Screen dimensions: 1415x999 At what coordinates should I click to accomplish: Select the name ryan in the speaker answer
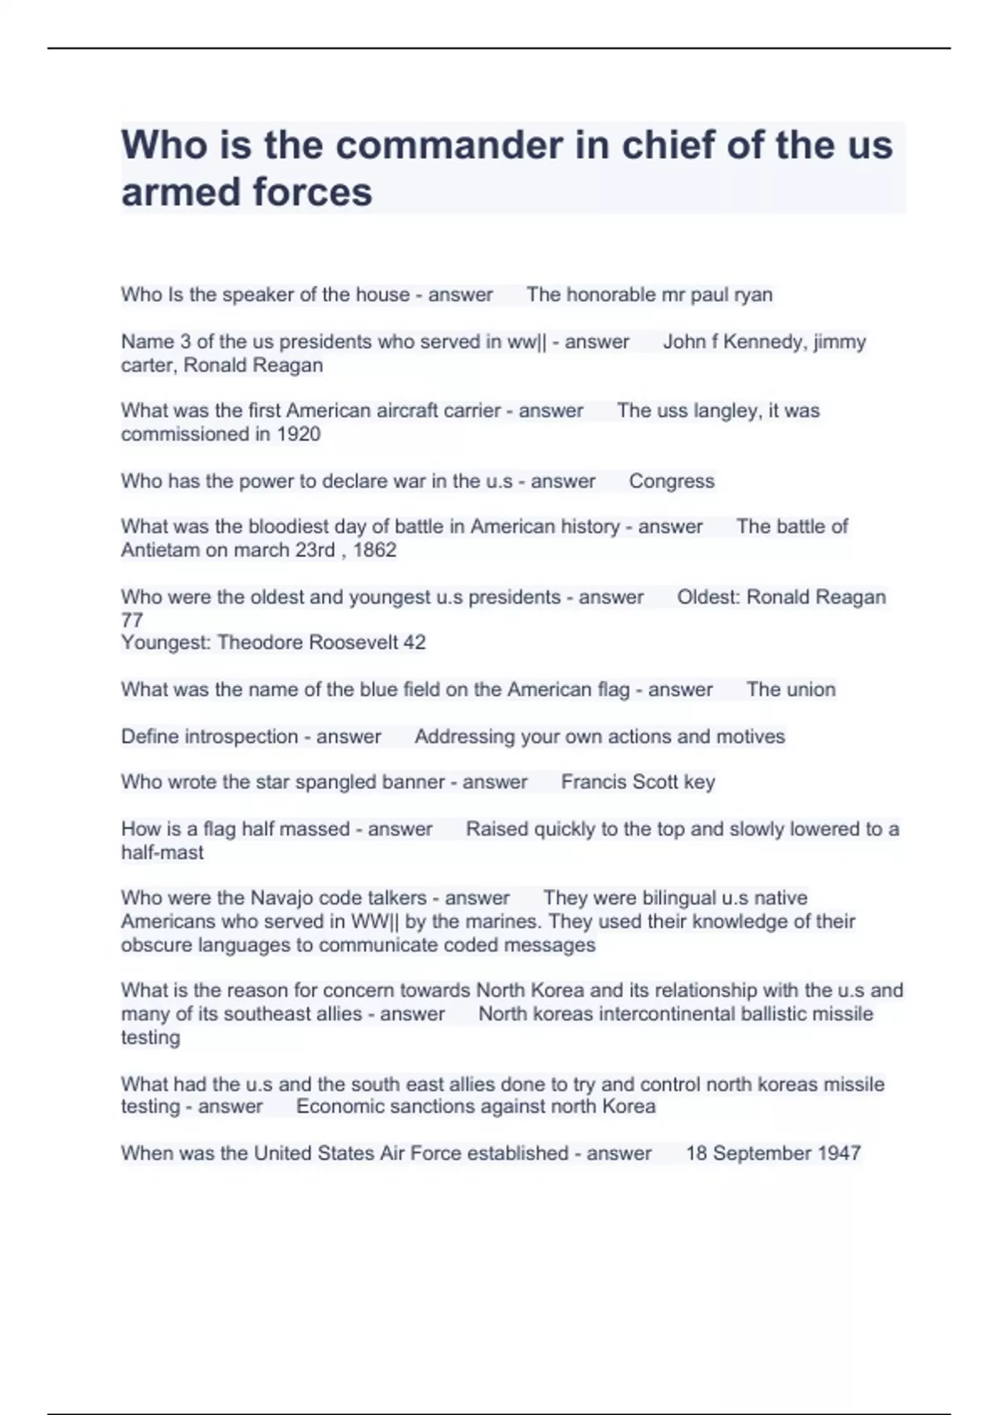pos(753,295)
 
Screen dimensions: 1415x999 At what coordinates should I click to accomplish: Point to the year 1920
pos(298,434)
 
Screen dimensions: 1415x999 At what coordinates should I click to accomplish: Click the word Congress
pos(671,481)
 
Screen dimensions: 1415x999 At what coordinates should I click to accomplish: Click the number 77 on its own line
pos(132,620)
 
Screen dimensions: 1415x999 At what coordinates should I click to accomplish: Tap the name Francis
pos(592,782)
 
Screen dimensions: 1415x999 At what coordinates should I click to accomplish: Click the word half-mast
pos(162,852)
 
